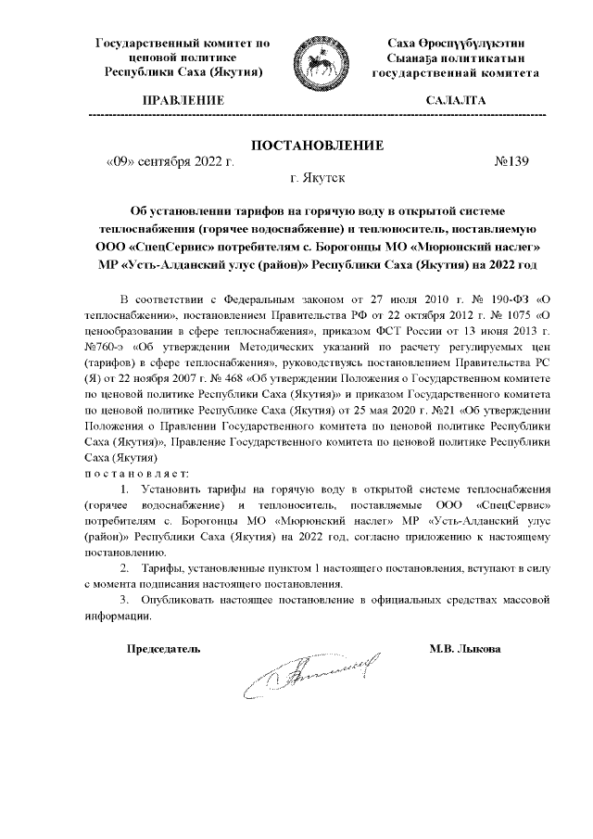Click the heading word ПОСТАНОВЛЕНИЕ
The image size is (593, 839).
click(x=317, y=145)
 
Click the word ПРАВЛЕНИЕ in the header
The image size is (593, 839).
click(x=182, y=99)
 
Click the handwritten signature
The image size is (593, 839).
click(x=311, y=678)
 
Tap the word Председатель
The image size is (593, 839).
click(x=163, y=649)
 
